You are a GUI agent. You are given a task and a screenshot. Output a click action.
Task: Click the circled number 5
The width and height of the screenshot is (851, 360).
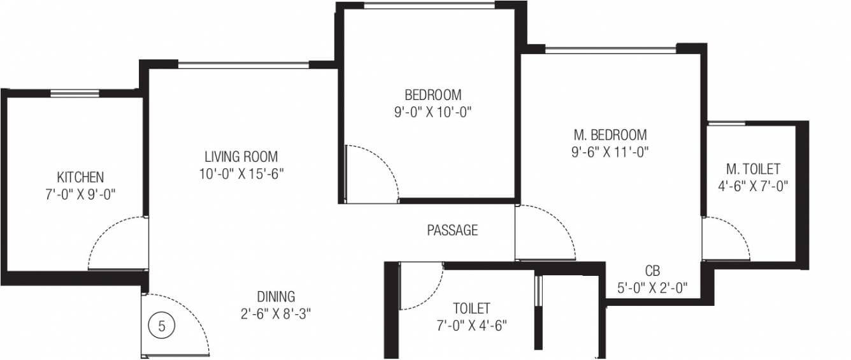(x=162, y=326)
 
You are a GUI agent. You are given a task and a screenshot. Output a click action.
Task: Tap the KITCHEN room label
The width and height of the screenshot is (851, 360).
(x=80, y=177)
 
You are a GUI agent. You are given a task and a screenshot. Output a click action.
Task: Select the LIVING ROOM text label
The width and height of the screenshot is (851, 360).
(x=241, y=157)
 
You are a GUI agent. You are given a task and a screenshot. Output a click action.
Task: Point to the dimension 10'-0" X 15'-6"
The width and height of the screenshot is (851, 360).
(x=241, y=174)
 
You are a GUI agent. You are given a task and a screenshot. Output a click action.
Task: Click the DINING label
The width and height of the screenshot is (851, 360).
(x=276, y=296)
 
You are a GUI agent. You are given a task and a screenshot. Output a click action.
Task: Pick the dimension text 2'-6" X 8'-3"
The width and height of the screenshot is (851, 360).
(x=276, y=314)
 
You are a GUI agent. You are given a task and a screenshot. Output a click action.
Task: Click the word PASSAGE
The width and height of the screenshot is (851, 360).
(x=452, y=231)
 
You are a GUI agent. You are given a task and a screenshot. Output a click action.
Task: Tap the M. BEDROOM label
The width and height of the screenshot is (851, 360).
(x=610, y=135)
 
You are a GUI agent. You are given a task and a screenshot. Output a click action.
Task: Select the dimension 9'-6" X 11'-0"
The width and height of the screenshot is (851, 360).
(x=610, y=152)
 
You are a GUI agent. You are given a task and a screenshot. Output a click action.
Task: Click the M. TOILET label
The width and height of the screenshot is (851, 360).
(x=753, y=169)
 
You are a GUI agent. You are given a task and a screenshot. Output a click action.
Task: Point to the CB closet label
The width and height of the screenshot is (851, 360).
(x=652, y=271)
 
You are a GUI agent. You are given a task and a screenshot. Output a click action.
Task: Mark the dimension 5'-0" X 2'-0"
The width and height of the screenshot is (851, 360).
(x=652, y=288)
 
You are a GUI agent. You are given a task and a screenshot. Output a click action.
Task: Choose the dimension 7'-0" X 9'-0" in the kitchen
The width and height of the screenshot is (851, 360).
(x=80, y=194)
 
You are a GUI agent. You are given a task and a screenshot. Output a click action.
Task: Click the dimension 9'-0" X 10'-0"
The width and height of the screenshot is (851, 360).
(x=433, y=112)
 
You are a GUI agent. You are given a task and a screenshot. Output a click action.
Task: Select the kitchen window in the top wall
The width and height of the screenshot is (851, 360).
(x=75, y=93)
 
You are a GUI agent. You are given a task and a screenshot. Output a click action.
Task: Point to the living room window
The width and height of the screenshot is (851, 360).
(x=243, y=65)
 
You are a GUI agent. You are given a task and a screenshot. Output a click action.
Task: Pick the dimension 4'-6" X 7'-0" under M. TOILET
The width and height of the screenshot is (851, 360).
(x=753, y=186)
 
